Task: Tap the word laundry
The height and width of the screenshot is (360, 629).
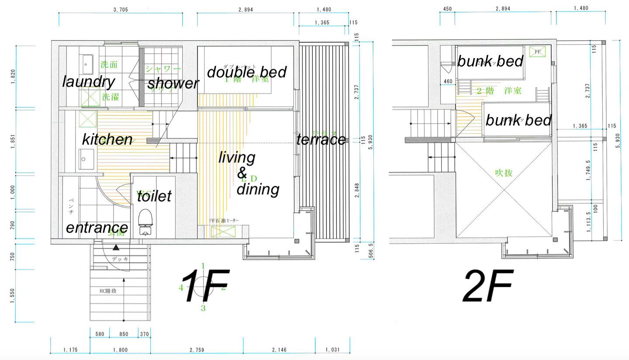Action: click(x=89, y=81)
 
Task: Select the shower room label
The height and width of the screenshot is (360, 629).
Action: click(x=173, y=83)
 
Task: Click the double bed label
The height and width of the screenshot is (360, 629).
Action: click(x=247, y=72)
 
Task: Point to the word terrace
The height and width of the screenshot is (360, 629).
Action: click(x=321, y=140)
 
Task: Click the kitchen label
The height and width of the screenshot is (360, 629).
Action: click(x=107, y=139)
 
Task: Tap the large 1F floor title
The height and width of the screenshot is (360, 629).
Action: click(x=205, y=286)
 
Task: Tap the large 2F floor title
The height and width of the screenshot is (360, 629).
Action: click(x=487, y=286)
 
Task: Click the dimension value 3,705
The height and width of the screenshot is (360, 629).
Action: click(x=120, y=9)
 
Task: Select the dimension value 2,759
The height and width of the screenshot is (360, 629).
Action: click(x=196, y=350)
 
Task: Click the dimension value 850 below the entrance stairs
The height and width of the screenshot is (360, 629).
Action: click(x=124, y=334)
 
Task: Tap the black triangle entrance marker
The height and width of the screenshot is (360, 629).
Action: click(x=116, y=247)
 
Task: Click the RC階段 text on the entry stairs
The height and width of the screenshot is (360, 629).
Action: click(x=107, y=291)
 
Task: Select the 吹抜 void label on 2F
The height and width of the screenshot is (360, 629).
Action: click(x=503, y=173)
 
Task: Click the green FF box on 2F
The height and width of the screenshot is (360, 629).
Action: click(x=537, y=52)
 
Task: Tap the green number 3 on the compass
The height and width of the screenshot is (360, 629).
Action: click(x=203, y=308)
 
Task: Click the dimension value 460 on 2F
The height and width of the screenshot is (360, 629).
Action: click(x=448, y=81)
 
